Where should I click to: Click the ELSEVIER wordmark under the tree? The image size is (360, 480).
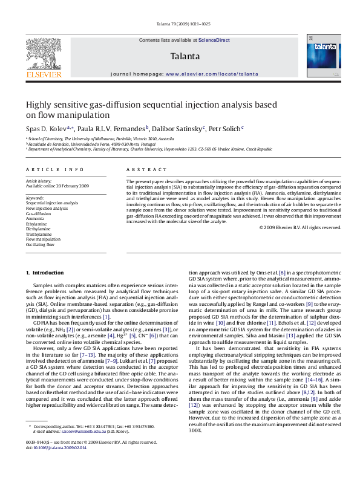pyautogui.click(x=44, y=74)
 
